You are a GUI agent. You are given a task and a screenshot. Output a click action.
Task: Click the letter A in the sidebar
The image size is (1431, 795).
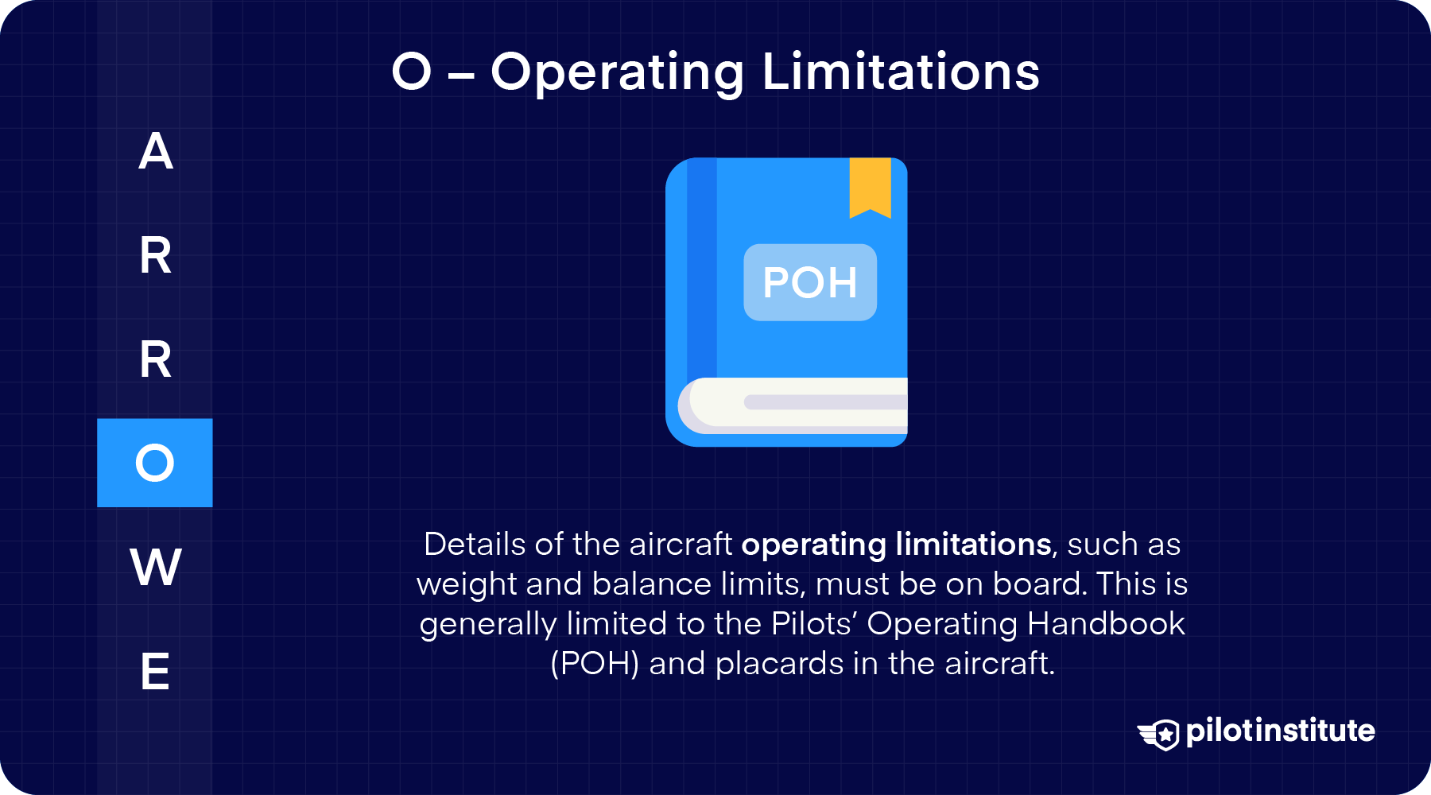click(156, 151)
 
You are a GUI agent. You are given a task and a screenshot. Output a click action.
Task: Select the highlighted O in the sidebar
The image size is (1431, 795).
click(155, 463)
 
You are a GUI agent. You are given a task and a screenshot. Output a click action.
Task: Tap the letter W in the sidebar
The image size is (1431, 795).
click(156, 568)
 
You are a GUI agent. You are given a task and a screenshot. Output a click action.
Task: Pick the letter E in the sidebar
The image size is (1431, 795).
click(155, 672)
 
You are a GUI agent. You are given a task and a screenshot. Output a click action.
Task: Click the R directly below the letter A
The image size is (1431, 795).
click(156, 256)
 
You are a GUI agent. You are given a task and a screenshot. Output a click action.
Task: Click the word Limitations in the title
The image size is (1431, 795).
click(901, 72)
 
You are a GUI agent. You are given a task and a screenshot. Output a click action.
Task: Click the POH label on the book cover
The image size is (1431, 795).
click(810, 282)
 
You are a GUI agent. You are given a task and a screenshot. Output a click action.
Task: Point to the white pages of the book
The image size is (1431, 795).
click(803, 403)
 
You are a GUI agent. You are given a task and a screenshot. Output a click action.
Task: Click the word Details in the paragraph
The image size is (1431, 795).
click(475, 545)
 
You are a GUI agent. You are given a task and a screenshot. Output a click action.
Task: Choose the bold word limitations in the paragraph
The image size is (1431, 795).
click(973, 545)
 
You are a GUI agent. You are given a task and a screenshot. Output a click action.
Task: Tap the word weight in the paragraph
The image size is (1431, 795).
click(467, 584)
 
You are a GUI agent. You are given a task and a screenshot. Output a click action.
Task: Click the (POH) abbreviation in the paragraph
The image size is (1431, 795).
click(595, 664)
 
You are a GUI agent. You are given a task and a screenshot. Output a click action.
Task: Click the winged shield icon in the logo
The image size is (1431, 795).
click(1158, 734)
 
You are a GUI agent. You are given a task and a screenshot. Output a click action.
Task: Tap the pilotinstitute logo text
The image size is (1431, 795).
click(1280, 731)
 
